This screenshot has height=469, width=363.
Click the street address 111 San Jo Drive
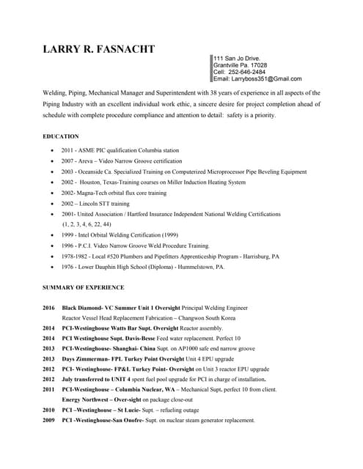click(238, 58)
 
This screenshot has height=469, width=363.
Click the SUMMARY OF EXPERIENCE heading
click(84, 287)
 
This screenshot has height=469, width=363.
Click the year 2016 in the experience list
click(49, 309)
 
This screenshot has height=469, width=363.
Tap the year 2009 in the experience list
click(49, 421)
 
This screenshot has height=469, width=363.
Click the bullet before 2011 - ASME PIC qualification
click(51, 149)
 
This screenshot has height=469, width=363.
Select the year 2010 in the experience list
click(49, 410)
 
